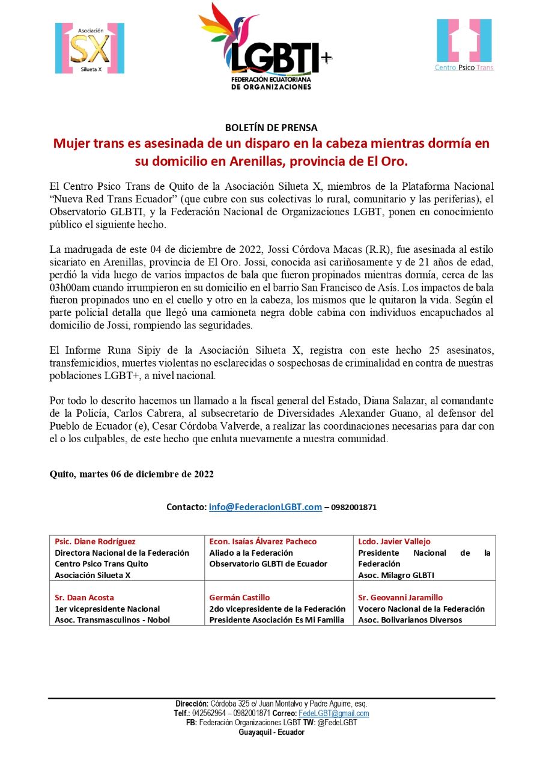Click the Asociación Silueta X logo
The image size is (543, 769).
(x=89, y=48)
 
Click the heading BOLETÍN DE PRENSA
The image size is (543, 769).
(x=271, y=127)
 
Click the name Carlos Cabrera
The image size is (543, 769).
(x=142, y=413)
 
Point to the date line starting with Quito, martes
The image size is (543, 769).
(x=132, y=474)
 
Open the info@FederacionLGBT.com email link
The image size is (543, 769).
(x=265, y=507)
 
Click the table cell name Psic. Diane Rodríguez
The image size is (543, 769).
(x=95, y=541)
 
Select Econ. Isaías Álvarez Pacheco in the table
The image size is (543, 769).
(x=262, y=541)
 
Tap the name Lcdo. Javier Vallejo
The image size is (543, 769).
(x=394, y=541)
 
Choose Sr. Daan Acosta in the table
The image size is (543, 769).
(x=84, y=598)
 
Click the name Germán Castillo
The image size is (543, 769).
(x=240, y=598)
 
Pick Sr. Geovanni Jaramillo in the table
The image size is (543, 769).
(x=400, y=598)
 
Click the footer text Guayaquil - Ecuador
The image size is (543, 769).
(x=271, y=732)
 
